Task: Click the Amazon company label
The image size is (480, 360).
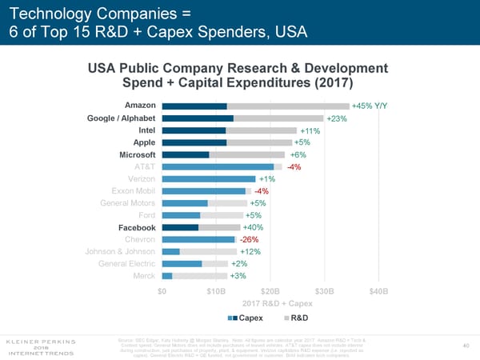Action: tap(140, 106)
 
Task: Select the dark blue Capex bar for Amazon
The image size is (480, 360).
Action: tap(194, 106)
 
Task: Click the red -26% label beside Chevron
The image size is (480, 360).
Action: tap(249, 239)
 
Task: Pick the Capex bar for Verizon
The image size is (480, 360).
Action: tap(209, 178)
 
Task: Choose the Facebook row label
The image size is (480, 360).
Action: tap(137, 227)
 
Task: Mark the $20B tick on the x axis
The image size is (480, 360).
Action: tap(270, 290)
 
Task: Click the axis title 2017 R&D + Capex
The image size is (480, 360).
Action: tap(272, 303)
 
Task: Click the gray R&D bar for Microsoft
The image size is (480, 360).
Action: tap(247, 154)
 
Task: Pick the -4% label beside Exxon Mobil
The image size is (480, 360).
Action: tap(261, 191)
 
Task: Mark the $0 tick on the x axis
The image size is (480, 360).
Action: tap(162, 290)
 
